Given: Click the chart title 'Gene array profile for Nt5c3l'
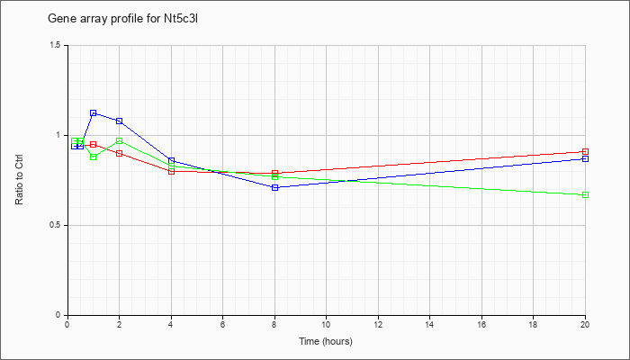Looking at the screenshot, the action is click(123, 19).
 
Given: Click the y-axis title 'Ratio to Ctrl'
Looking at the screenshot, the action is click(19, 180).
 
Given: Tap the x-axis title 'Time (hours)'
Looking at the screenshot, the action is click(326, 341).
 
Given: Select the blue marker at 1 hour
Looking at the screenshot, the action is click(94, 113).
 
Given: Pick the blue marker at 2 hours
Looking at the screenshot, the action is click(120, 121).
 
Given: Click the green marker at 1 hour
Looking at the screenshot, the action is click(94, 157).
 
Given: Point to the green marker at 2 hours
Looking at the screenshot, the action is click(120, 140).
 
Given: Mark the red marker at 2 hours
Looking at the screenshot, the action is click(120, 154).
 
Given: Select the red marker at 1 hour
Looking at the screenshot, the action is click(94, 144).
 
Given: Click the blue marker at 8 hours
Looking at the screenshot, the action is click(274, 187).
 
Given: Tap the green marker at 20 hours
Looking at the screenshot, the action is click(585, 195).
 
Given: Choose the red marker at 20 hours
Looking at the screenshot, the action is click(585, 151).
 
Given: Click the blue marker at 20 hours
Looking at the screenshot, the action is click(585, 158).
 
